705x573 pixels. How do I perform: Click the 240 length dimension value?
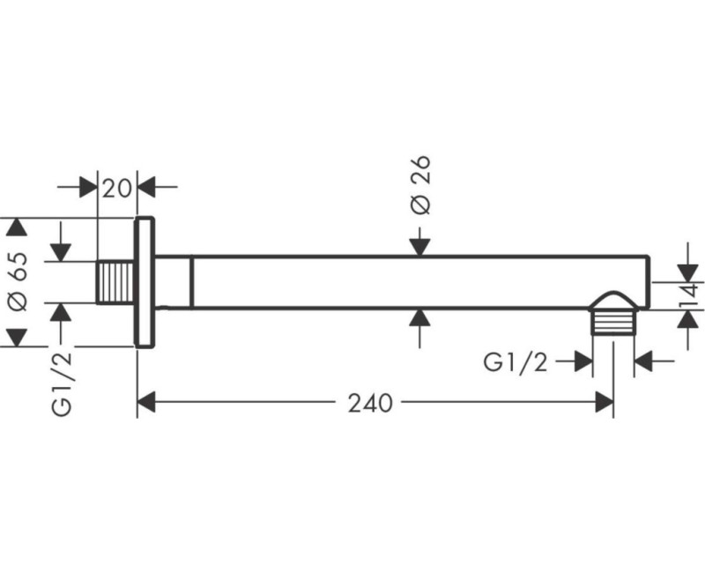pyautogui.click(x=369, y=403)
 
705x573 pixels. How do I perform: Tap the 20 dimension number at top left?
pyautogui.click(x=115, y=187)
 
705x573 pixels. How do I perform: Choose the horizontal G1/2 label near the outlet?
pyautogui.click(x=516, y=361)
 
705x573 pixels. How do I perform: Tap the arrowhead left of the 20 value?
pyautogui.click(x=87, y=187)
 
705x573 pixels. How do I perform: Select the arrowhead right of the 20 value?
pyautogui.click(x=146, y=187)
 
